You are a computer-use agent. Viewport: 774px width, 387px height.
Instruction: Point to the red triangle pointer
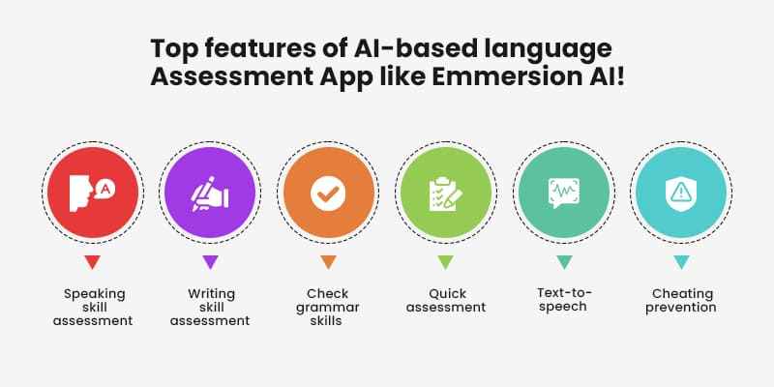(92, 262)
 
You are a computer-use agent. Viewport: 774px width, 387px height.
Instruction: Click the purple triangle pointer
(210, 262)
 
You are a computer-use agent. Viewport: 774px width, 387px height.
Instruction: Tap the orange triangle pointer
(327, 262)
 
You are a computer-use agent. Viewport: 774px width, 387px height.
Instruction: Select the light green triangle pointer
(445, 262)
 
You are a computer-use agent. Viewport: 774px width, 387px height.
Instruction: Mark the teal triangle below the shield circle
(681, 262)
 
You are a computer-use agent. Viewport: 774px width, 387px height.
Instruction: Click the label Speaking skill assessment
(94, 307)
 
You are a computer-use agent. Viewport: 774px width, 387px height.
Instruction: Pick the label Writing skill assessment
(210, 307)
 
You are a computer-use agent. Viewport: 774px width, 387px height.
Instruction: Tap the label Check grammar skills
(327, 307)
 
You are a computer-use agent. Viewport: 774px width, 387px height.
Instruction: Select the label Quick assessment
(446, 300)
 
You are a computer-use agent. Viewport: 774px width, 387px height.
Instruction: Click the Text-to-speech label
(564, 300)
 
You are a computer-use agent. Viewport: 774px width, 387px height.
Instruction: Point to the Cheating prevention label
(681, 300)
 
